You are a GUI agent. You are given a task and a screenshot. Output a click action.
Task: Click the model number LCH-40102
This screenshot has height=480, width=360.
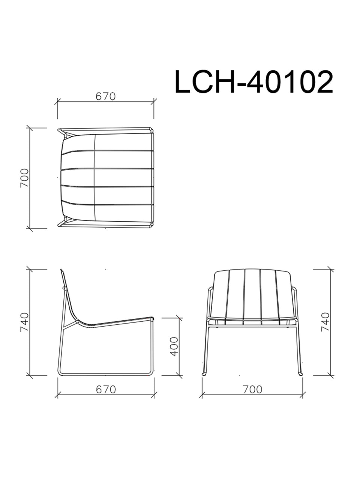coord(254,82)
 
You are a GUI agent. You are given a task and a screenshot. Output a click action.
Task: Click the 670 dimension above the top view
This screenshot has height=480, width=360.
coord(106,96)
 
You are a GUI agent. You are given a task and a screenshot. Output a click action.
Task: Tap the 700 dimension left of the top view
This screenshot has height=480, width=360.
coord(24,178)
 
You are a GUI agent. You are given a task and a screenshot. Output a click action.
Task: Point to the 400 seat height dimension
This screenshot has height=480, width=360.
coord(174,346)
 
